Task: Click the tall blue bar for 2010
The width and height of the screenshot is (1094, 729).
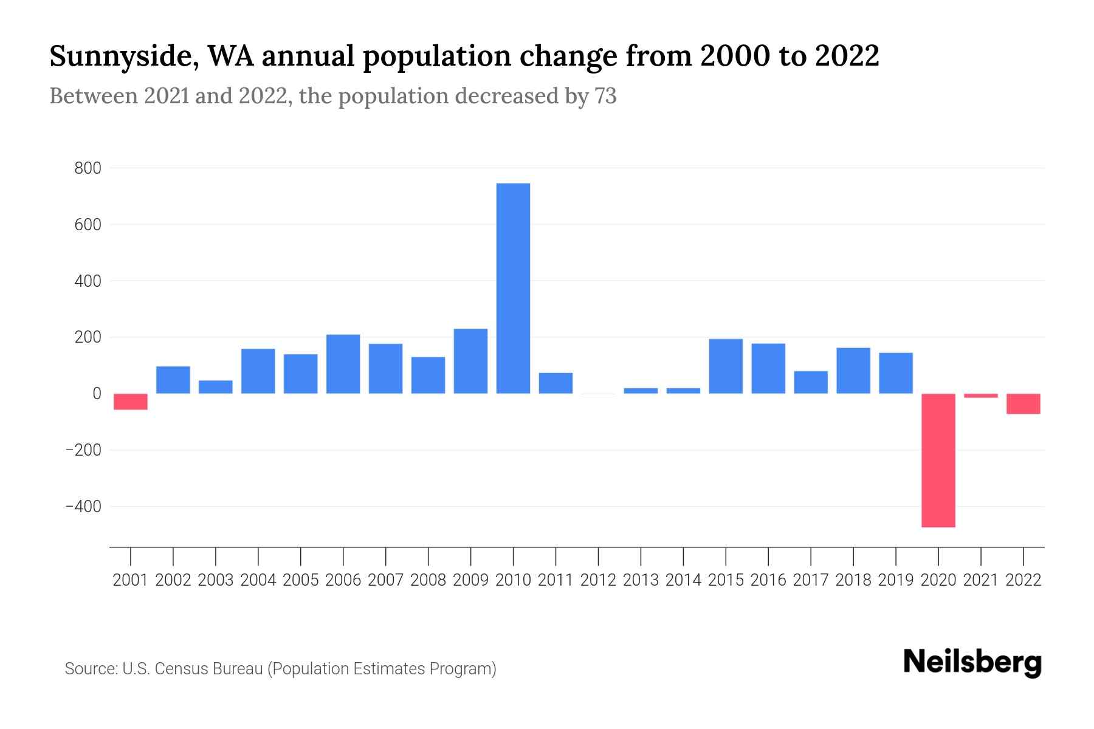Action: tap(513, 289)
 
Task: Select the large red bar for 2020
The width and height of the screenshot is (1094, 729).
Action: tap(938, 460)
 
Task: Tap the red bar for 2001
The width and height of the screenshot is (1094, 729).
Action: tap(131, 402)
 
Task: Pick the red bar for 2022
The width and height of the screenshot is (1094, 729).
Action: tap(1023, 404)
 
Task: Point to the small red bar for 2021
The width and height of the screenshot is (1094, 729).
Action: tap(981, 396)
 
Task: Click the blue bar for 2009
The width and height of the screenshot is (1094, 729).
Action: tap(470, 361)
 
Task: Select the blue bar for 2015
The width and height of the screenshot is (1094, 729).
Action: tap(726, 366)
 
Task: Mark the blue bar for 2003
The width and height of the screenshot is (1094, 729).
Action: tap(216, 387)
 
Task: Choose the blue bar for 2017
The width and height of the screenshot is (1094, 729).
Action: tap(811, 382)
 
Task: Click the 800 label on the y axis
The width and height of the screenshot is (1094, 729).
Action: tap(88, 168)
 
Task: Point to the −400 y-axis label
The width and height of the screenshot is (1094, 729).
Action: tap(83, 507)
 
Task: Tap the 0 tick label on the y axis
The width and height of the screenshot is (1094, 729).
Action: tap(97, 394)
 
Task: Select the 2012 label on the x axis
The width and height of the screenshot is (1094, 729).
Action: tap(598, 580)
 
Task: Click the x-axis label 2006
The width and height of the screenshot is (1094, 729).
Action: tap(343, 580)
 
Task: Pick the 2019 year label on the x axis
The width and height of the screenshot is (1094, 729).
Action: tap(896, 580)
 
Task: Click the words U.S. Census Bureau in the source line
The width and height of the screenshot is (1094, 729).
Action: tap(192, 669)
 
